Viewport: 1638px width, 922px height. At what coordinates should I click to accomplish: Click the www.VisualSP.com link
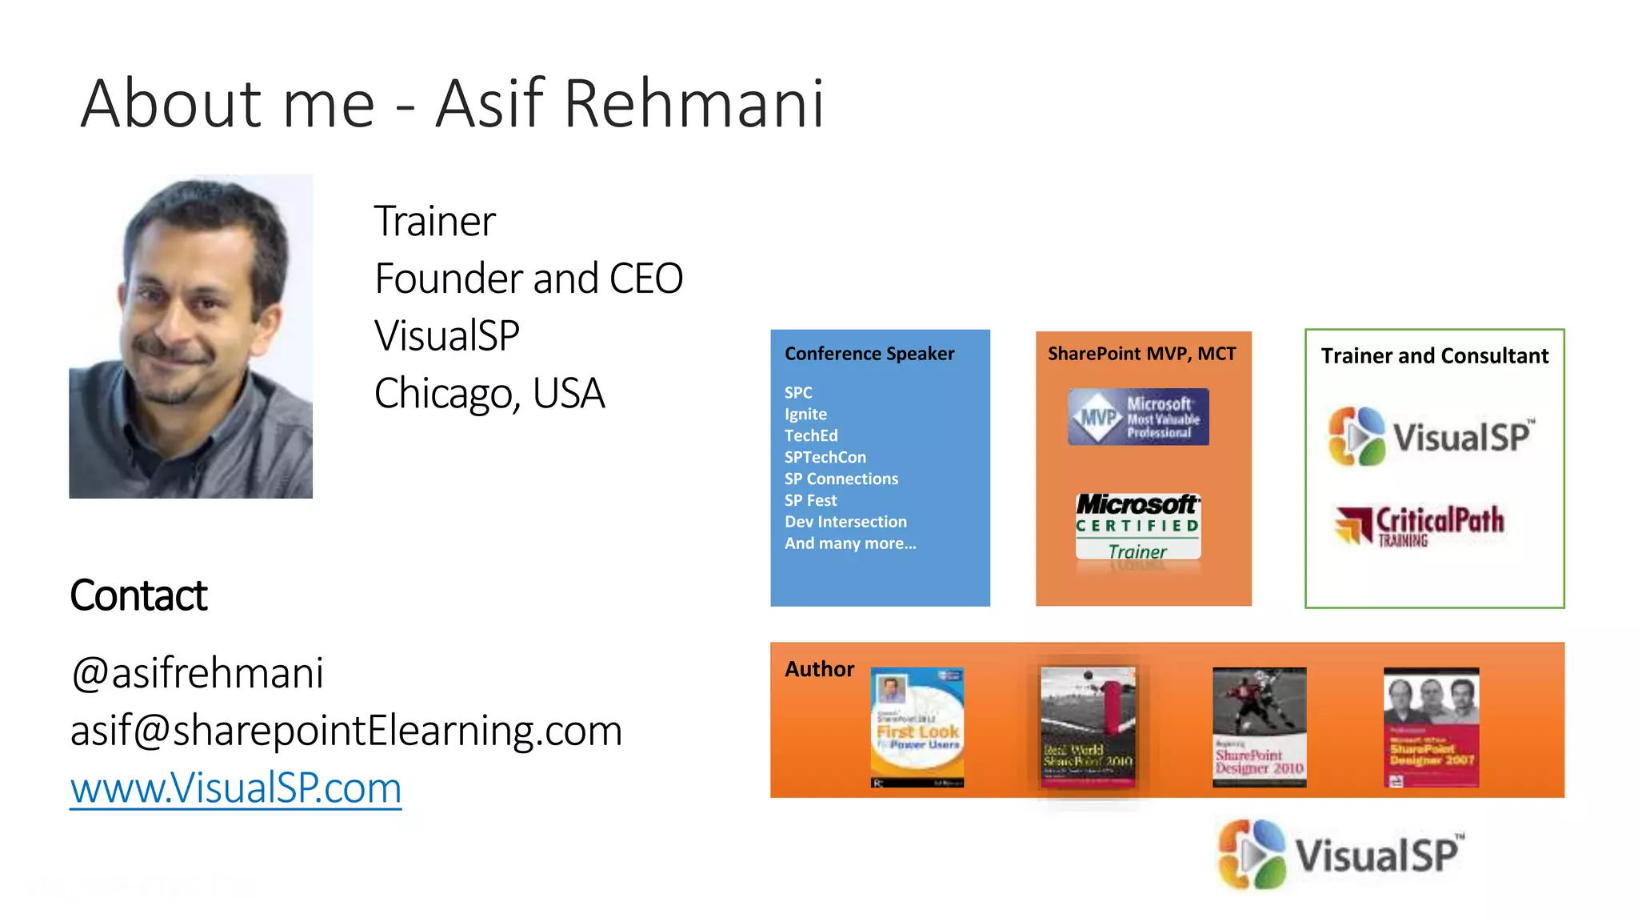coord(235,788)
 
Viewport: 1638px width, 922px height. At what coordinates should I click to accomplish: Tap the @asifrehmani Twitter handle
coord(197,672)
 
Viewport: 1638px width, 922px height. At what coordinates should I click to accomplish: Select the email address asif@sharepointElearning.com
coord(346,730)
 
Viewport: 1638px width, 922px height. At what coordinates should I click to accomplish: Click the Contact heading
coord(138,595)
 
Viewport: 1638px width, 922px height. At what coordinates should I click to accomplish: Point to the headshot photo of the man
coord(190,336)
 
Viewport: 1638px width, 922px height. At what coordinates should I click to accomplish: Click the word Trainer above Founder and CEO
coord(434,221)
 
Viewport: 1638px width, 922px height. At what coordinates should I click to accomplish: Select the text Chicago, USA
coord(489,393)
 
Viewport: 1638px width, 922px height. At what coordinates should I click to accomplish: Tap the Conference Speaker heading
coord(869,354)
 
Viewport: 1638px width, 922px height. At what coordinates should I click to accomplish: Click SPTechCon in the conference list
coord(825,457)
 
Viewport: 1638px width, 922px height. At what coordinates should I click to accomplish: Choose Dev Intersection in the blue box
coord(845,522)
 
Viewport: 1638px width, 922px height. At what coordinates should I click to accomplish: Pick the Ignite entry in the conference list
coord(805,415)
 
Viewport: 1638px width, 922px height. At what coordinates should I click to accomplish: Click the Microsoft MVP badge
coord(1138,417)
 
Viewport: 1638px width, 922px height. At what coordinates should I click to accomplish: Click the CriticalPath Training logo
coord(1420,525)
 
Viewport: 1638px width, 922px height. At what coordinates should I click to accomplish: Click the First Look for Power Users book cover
coord(917,727)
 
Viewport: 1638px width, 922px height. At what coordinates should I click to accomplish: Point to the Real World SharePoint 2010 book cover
coord(1088,727)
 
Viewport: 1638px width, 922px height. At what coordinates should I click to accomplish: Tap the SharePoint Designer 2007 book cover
coord(1431,727)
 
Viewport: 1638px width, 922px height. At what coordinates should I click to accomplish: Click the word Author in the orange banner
coord(819,669)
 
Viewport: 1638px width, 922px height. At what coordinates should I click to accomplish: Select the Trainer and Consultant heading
coord(1434,356)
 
